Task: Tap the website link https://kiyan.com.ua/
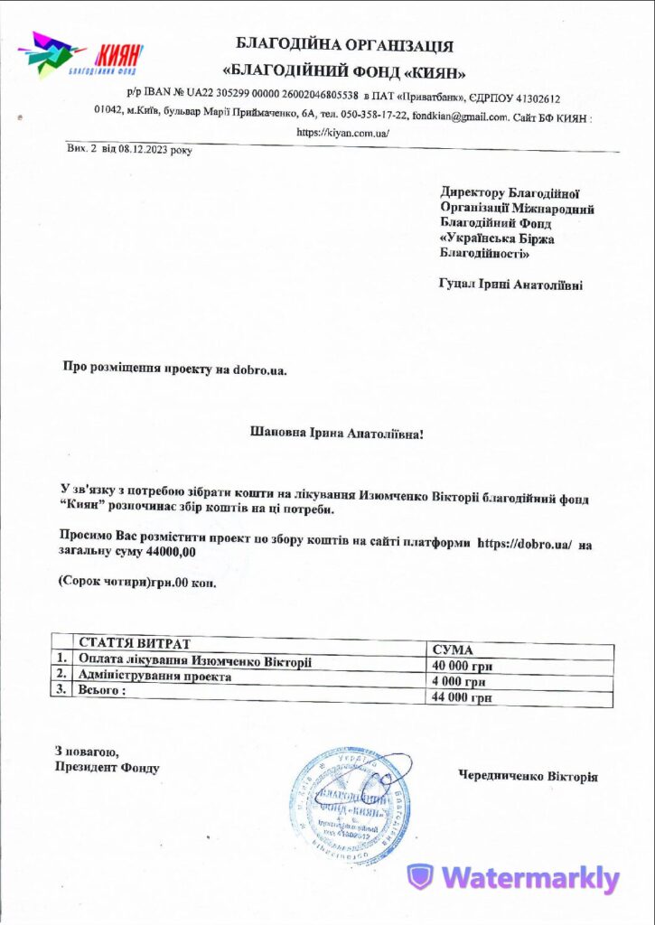click(342, 132)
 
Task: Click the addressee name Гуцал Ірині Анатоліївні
click(510, 285)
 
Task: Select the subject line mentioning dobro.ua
click(174, 368)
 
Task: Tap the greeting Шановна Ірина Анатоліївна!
click(336, 434)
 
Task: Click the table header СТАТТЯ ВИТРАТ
click(135, 643)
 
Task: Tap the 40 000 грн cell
click(462, 667)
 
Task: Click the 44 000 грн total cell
click(462, 697)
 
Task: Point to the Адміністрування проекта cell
click(155, 676)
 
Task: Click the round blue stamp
click(349, 801)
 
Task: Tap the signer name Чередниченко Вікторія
click(528, 776)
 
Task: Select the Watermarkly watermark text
click(529, 878)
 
